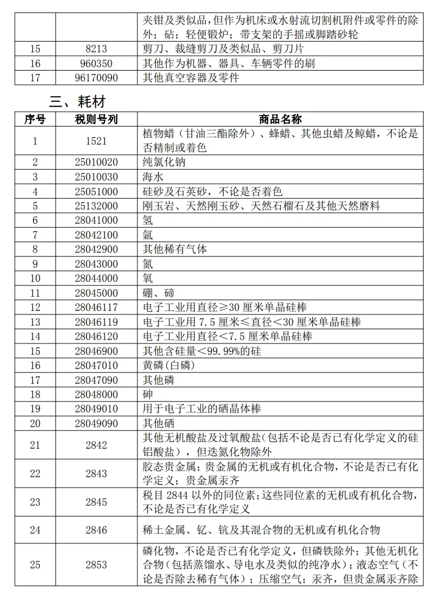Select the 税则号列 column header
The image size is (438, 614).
coord(96,119)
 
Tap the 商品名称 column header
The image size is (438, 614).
coord(280,119)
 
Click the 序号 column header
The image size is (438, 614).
coord(35,119)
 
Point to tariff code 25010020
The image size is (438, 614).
coord(96,162)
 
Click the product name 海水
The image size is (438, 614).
coord(153,177)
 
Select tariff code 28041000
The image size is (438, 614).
coord(96,220)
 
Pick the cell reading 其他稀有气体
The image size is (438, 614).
coord(174,249)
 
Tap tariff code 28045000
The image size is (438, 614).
coord(96,293)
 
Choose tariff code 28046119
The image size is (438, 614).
coord(96,322)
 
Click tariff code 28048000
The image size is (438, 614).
coord(96,395)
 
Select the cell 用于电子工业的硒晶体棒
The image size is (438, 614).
coord(202,410)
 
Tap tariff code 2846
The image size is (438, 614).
coord(96,530)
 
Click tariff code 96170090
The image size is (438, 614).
coord(96,77)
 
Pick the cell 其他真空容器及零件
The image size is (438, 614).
coord(190,77)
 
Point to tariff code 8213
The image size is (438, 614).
coord(96,49)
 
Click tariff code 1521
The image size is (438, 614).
coord(96,141)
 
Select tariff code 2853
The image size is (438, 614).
coord(96,565)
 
